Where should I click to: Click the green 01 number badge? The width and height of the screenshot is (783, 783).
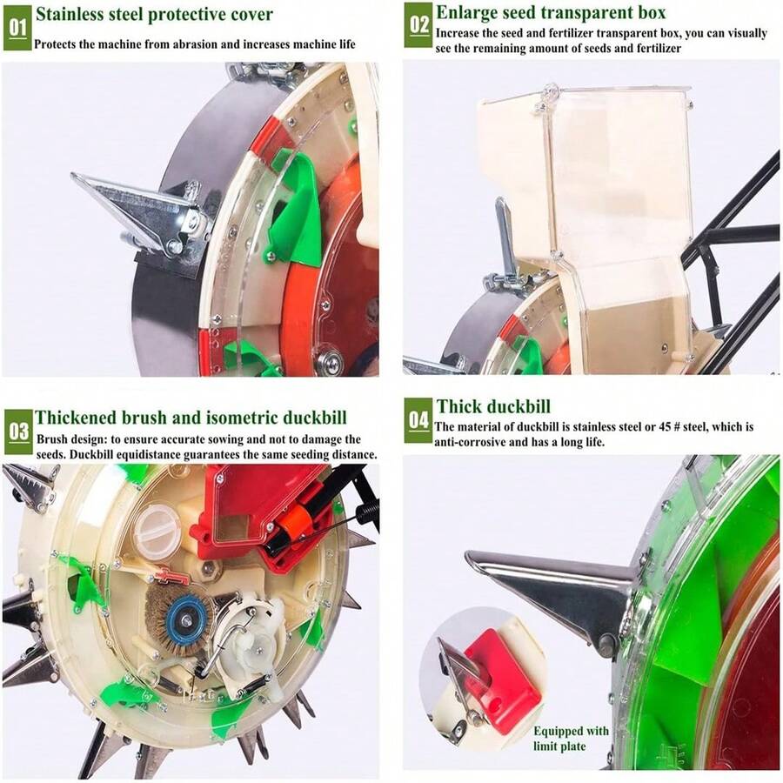17,28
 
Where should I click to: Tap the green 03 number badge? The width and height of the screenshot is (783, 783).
18,432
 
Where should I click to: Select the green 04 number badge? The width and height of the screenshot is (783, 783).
418,420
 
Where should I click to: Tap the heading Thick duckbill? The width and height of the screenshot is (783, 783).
493,406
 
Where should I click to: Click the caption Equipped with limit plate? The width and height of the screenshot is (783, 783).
571,739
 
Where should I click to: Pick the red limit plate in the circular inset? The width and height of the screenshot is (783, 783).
502,680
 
